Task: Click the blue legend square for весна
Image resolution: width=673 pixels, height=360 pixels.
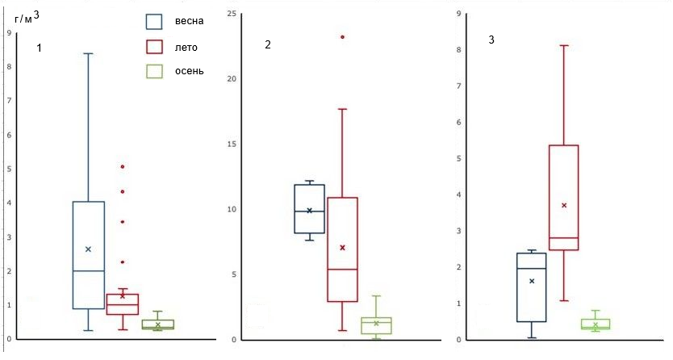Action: click(154, 21)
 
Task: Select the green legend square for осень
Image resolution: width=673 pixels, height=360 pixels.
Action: click(154, 71)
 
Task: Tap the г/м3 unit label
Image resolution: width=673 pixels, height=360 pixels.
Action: click(26, 17)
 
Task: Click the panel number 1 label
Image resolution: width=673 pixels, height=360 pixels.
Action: click(39, 48)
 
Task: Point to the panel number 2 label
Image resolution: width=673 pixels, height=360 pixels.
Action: click(268, 44)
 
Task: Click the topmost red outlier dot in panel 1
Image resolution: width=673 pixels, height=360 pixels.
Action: click(123, 166)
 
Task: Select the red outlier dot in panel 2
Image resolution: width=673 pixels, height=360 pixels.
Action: click(342, 36)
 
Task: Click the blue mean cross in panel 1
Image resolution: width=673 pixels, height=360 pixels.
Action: click(88, 249)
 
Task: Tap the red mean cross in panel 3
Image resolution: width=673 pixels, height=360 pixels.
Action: click(564, 205)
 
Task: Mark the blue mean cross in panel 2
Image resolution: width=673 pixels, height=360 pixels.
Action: click(309, 211)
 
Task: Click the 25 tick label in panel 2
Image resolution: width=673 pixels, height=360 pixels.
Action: click(232, 15)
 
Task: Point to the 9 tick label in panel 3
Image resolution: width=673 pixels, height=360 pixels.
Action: click(458, 14)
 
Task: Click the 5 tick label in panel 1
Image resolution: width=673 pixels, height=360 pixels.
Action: click(9, 169)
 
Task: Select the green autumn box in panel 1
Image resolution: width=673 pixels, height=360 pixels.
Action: click(158, 324)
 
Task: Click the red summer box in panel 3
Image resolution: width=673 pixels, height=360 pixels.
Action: click(563, 198)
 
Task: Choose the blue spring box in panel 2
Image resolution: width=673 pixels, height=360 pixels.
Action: click(309, 209)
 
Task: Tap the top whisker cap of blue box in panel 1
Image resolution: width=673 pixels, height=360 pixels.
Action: click(88, 53)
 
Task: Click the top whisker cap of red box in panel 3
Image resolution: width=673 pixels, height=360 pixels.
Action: click(564, 45)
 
